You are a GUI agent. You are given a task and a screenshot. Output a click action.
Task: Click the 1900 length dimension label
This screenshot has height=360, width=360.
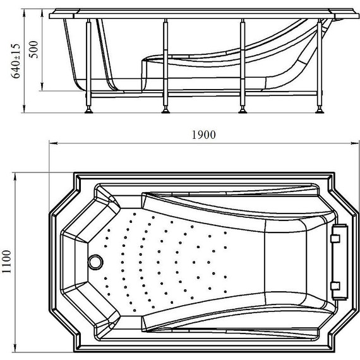pos(203,135)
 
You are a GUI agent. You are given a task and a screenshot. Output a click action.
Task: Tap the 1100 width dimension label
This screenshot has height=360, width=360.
pos(6,261)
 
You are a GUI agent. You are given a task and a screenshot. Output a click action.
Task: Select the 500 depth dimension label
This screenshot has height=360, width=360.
pos(34,50)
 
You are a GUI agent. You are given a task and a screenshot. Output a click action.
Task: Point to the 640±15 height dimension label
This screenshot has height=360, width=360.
pos(16,61)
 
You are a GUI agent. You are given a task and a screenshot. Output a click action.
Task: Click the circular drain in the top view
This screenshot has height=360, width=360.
pos(96,262)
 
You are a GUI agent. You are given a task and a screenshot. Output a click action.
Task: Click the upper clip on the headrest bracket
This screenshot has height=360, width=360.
pos(335,238)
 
